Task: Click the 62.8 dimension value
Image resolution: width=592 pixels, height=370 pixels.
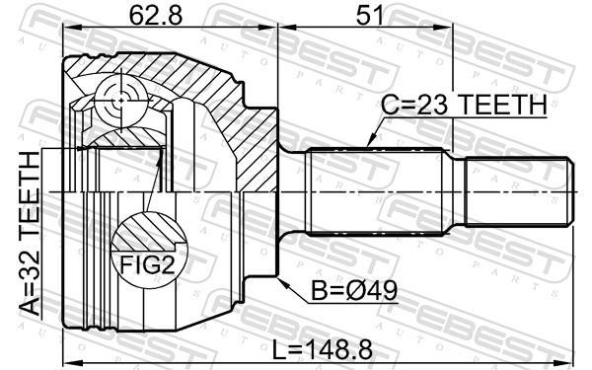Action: [156, 16]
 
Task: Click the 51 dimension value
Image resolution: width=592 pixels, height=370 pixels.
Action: [370, 16]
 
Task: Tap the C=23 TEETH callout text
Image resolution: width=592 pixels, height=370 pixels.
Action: [464, 105]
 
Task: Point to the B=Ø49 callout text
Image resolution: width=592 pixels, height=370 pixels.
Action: [354, 291]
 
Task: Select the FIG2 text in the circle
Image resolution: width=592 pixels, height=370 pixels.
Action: [148, 264]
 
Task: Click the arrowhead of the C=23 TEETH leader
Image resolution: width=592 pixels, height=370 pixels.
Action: [370, 143]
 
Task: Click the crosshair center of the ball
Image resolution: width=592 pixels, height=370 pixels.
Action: [120, 100]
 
